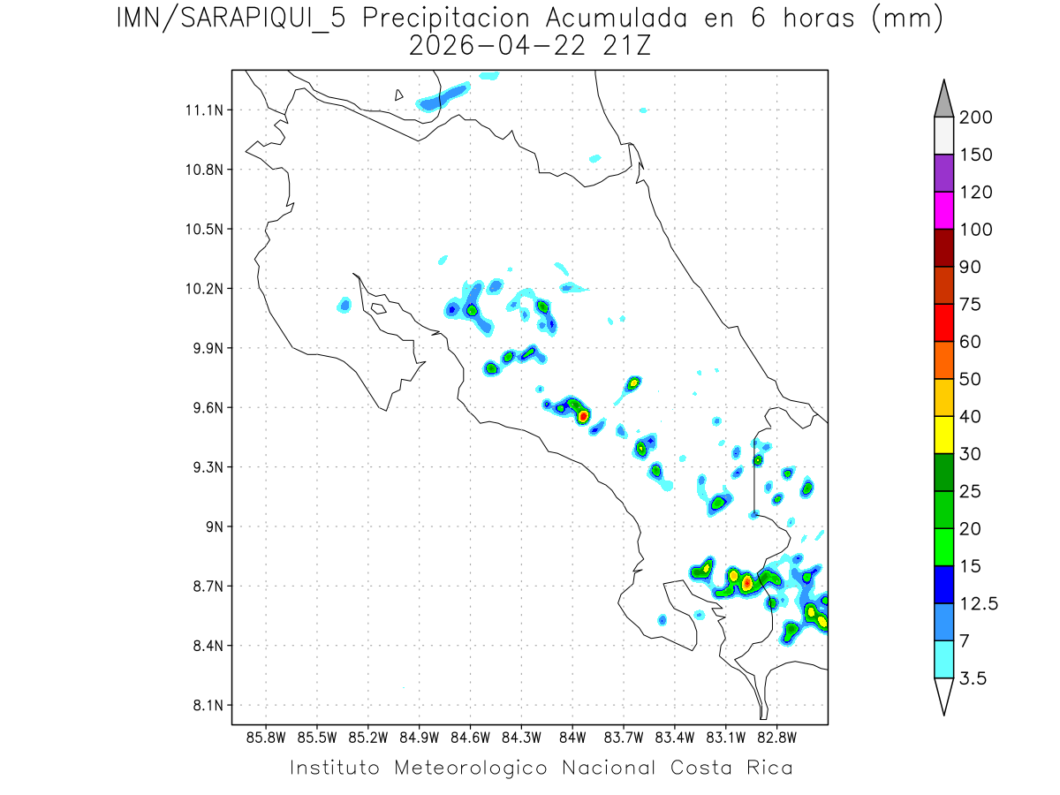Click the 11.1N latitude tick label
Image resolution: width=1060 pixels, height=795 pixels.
(202, 110)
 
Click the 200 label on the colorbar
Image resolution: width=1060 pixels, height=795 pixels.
(976, 117)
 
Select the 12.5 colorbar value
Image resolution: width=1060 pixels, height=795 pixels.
(979, 603)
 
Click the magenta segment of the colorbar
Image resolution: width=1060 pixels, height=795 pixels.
(943, 210)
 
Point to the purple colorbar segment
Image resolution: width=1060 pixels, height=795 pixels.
(943, 173)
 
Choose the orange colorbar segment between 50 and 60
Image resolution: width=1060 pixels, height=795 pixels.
(943, 360)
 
